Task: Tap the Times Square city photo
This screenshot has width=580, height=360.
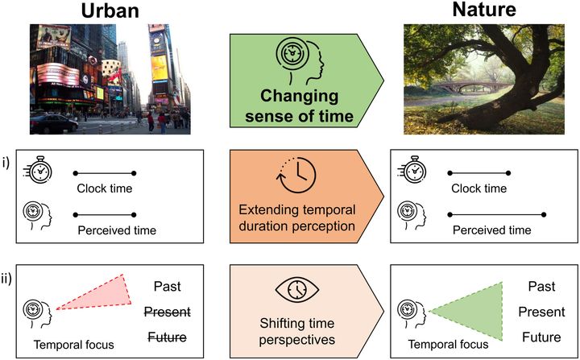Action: (x=110, y=78)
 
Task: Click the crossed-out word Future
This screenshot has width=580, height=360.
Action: (x=170, y=337)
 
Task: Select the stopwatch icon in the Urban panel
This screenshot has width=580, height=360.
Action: (x=38, y=172)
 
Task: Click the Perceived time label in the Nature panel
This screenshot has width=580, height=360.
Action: (x=491, y=230)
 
